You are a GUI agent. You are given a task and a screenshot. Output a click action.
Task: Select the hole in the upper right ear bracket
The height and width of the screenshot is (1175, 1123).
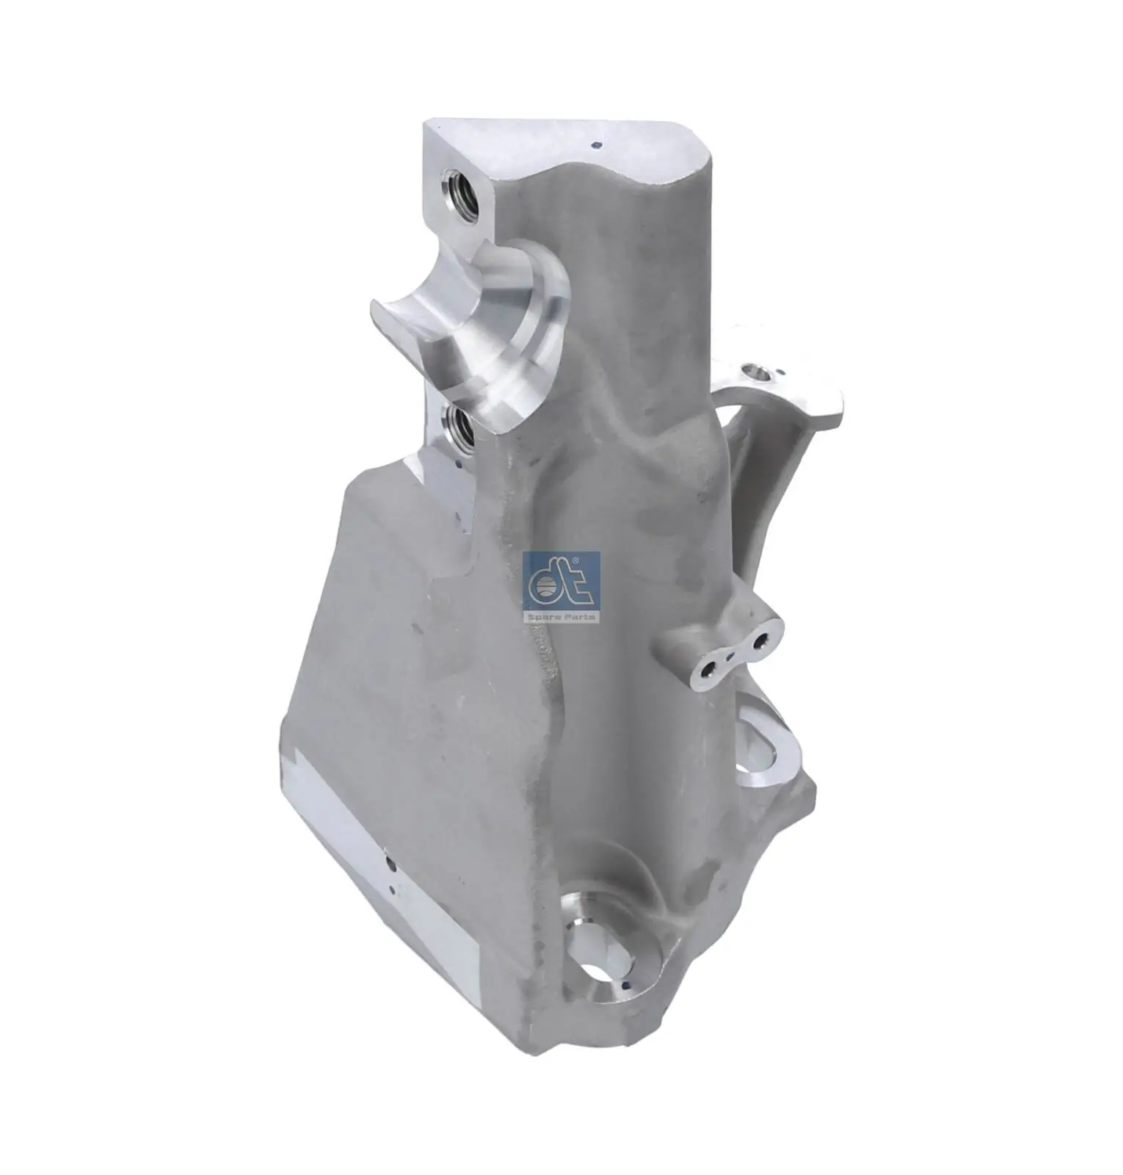click(x=756, y=373)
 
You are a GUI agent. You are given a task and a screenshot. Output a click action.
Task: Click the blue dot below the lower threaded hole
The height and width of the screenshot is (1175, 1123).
click(x=459, y=464)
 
